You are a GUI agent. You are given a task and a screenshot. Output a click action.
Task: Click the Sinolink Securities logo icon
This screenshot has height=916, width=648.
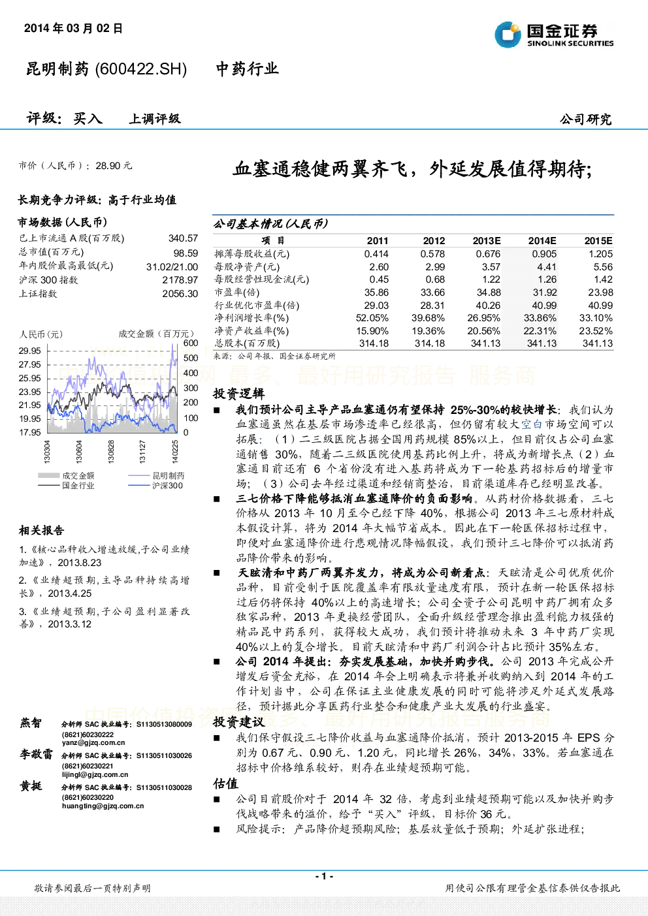coord(508,35)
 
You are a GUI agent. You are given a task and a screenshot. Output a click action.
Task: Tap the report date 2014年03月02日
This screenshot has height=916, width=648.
coord(73,28)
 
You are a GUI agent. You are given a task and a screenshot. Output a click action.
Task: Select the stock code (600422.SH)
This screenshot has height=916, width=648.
coord(140,69)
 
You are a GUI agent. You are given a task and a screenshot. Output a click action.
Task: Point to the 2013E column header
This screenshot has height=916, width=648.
coord(487,241)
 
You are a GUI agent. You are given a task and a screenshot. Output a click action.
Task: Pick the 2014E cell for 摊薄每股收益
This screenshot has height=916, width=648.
coord(544,254)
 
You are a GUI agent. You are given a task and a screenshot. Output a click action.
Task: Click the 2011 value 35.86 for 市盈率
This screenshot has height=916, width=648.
coord(376,292)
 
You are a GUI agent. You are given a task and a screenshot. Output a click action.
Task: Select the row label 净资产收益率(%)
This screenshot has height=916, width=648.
coord(251,331)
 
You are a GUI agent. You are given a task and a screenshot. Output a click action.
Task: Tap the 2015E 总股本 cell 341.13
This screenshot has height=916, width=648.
coord(598,343)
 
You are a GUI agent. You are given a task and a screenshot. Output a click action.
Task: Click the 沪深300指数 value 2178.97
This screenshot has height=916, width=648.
coord(180,280)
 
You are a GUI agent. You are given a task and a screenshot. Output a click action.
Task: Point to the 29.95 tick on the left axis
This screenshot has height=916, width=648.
coord(30,351)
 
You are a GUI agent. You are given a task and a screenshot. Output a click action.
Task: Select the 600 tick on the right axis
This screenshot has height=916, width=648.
coord(191,343)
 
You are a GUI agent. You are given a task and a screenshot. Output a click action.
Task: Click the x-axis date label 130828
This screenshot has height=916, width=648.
coord(111,451)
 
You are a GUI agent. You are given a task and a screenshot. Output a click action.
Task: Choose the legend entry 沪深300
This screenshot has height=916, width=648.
coord(167,485)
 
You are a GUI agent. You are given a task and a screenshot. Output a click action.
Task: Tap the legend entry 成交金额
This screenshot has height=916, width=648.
coord(78,475)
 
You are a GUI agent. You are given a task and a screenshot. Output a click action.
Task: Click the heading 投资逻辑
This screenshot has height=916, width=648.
coord(238,394)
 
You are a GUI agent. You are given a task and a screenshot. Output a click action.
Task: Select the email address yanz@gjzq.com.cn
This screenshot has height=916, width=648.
coord(93,742)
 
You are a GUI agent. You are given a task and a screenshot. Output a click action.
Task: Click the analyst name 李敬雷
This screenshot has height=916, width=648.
coord(36,755)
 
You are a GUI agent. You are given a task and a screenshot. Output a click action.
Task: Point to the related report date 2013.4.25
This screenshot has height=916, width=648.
coord(69,593)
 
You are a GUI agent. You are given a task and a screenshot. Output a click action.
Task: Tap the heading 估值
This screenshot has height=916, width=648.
coord(225,784)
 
